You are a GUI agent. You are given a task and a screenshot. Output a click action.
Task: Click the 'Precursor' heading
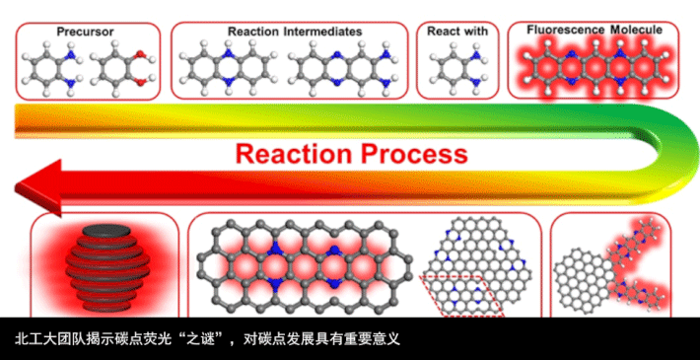(85, 32)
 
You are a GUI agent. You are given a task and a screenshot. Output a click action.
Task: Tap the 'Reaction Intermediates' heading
(295, 32)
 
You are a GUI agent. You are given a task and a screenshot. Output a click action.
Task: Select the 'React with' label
(457, 32)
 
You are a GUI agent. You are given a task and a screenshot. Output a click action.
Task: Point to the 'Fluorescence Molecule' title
(595, 30)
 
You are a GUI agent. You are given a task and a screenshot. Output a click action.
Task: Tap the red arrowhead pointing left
(37, 187)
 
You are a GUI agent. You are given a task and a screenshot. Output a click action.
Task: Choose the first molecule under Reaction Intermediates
(229, 69)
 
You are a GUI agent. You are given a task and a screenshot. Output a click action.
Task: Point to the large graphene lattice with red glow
(304, 266)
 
